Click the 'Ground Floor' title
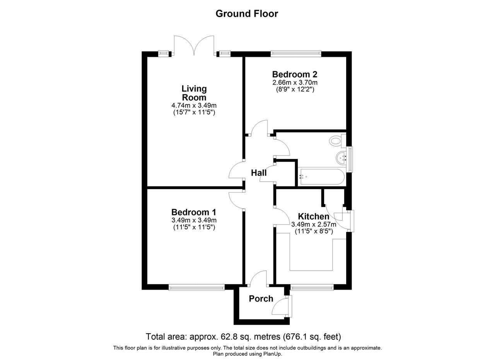point(247,14)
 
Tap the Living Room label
point(194,93)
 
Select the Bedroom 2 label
point(295,74)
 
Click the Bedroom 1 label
point(194,212)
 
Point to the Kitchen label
point(314,216)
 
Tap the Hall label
point(259,172)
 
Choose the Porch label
point(261,299)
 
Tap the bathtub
point(321,177)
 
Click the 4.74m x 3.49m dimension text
point(194,106)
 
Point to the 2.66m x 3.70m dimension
point(295,83)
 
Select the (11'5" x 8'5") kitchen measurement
point(314,231)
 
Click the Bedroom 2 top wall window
point(296,54)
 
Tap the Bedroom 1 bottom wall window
point(196,287)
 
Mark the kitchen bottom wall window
point(312,287)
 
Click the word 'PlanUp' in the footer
point(272,354)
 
